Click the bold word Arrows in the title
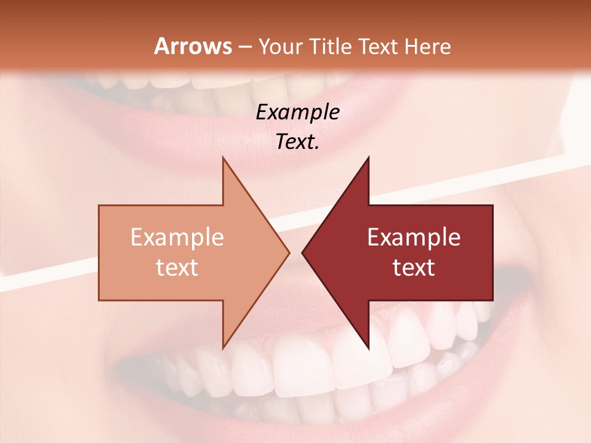pyautogui.click(x=193, y=46)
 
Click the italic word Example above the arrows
pyautogui.click(x=297, y=113)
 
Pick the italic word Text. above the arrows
pyautogui.click(x=297, y=142)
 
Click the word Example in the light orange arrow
pyautogui.click(x=177, y=237)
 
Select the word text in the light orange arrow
pyautogui.click(x=177, y=268)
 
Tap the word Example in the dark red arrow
pyautogui.click(x=414, y=237)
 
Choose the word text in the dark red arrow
pyautogui.click(x=414, y=268)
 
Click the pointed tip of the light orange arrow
pyautogui.click(x=289, y=252)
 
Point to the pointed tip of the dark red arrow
pyautogui.click(x=302, y=252)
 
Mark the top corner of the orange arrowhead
pyautogui.click(x=223, y=158)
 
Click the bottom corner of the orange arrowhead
pyautogui.click(x=223, y=348)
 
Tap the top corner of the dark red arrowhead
pyautogui.click(x=368, y=158)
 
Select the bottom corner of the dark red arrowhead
pyautogui.click(x=368, y=348)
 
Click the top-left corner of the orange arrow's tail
pyautogui.click(x=99, y=206)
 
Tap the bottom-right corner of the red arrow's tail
pyautogui.click(x=492, y=300)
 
